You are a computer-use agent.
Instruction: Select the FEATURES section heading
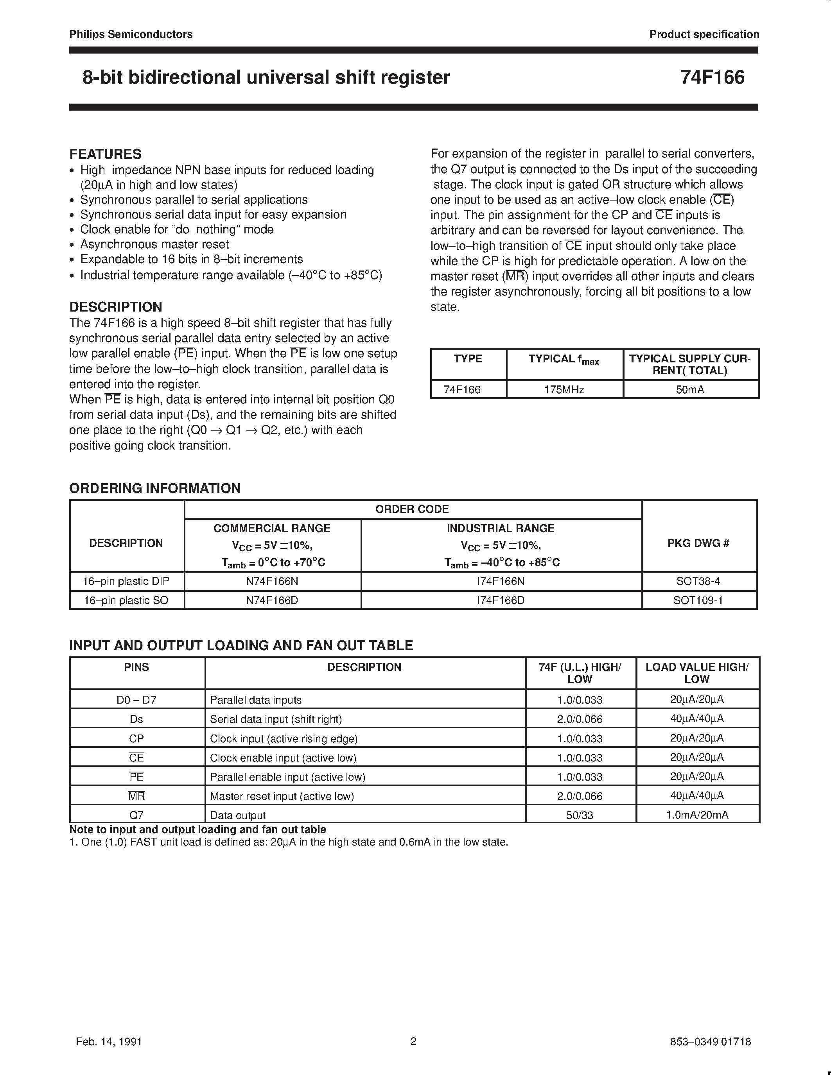point(105,154)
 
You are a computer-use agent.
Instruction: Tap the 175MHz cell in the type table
point(564,390)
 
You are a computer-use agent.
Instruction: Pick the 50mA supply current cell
point(690,390)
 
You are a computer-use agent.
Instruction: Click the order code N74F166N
point(272,581)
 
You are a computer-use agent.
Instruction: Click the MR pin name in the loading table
point(136,796)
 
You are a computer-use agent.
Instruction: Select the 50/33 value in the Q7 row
point(580,815)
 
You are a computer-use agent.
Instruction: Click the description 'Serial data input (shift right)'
point(276,719)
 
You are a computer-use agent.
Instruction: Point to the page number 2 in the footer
point(413,1041)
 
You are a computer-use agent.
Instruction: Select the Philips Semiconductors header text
point(131,34)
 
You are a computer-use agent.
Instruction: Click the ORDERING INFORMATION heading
point(155,488)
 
